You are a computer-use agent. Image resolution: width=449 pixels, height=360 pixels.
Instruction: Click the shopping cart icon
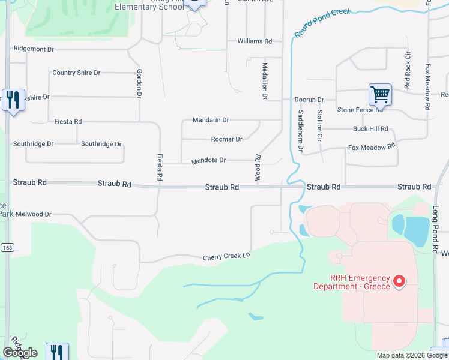click(379, 95)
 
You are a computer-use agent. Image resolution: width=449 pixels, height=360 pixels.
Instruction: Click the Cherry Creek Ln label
click(226, 257)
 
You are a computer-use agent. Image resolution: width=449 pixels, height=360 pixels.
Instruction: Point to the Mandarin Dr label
click(211, 120)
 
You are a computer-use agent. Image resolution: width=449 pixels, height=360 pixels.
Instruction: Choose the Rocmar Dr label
click(226, 139)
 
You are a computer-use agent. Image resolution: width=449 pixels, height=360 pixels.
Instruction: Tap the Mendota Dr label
click(208, 161)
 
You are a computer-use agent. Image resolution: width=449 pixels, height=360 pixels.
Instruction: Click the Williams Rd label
click(255, 41)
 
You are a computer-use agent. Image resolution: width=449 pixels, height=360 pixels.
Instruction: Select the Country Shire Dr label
click(76, 73)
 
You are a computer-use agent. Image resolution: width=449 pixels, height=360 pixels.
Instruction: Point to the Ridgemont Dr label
click(34, 49)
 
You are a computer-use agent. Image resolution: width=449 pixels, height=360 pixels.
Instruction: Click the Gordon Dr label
click(139, 83)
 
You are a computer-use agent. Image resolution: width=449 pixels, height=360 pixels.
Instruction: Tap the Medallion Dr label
click(264, 80)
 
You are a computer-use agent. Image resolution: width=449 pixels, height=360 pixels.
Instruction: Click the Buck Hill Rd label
click(370, 129)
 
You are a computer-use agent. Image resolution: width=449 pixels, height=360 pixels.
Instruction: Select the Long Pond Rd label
click(436, 228)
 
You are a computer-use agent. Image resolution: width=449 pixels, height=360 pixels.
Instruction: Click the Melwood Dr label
click(34, 214)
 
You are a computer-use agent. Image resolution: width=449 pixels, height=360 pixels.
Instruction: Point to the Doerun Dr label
click(309, 100)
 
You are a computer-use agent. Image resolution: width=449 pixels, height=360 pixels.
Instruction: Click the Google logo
click(20, 353)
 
